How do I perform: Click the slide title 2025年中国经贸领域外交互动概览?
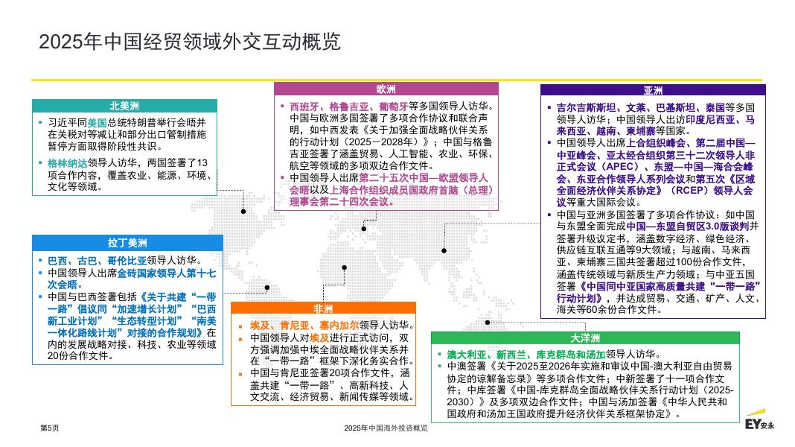[189, 42]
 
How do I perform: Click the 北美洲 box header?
[124, 106]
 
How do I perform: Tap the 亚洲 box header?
[653, 91]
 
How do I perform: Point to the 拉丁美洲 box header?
[127, 242]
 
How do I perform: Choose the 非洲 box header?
[323, 308]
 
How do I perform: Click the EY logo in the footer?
[759, 425]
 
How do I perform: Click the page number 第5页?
[49, 428]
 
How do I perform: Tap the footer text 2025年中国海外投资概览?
[386, 428]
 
